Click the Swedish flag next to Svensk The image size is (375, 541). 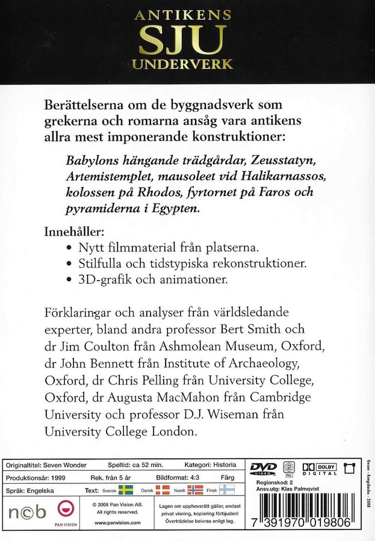pyautogui.click(x=125, y=490)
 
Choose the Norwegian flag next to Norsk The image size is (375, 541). pyautogui.click(x=196, y=490)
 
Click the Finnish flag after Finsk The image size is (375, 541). pyautogui.click(x=228, y=490)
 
